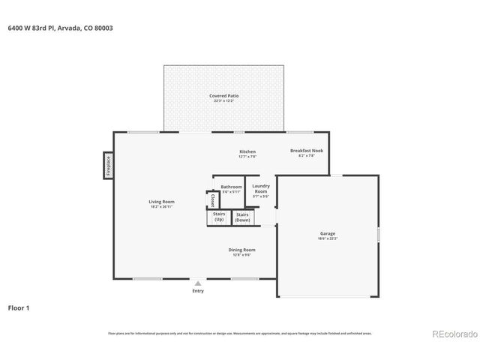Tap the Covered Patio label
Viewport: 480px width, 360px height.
click(224, 96)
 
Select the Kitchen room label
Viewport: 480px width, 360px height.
click(247, 151)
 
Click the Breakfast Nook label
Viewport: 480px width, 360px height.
click(306, 151)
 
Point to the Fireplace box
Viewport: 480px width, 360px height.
click(109, 166)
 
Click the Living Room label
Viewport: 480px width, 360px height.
click(161, 201)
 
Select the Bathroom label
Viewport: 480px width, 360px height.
click(231, 187)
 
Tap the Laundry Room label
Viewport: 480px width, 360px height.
click(260, 188)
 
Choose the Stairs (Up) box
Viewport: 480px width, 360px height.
click(219, 217)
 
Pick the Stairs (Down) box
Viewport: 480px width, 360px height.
click(243, 217)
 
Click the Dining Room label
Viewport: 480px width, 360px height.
click(242, 250)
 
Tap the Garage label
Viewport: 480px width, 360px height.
click(328, 234)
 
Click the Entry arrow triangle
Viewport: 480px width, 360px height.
click(198, 283)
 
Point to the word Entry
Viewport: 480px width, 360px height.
click(198, 291)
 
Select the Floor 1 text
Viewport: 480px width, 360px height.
click(19, 307)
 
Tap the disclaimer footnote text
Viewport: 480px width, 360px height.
click(239, 333)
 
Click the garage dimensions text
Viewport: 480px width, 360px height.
click(328, 239)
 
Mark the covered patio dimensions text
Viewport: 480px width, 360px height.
click(224, 101)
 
